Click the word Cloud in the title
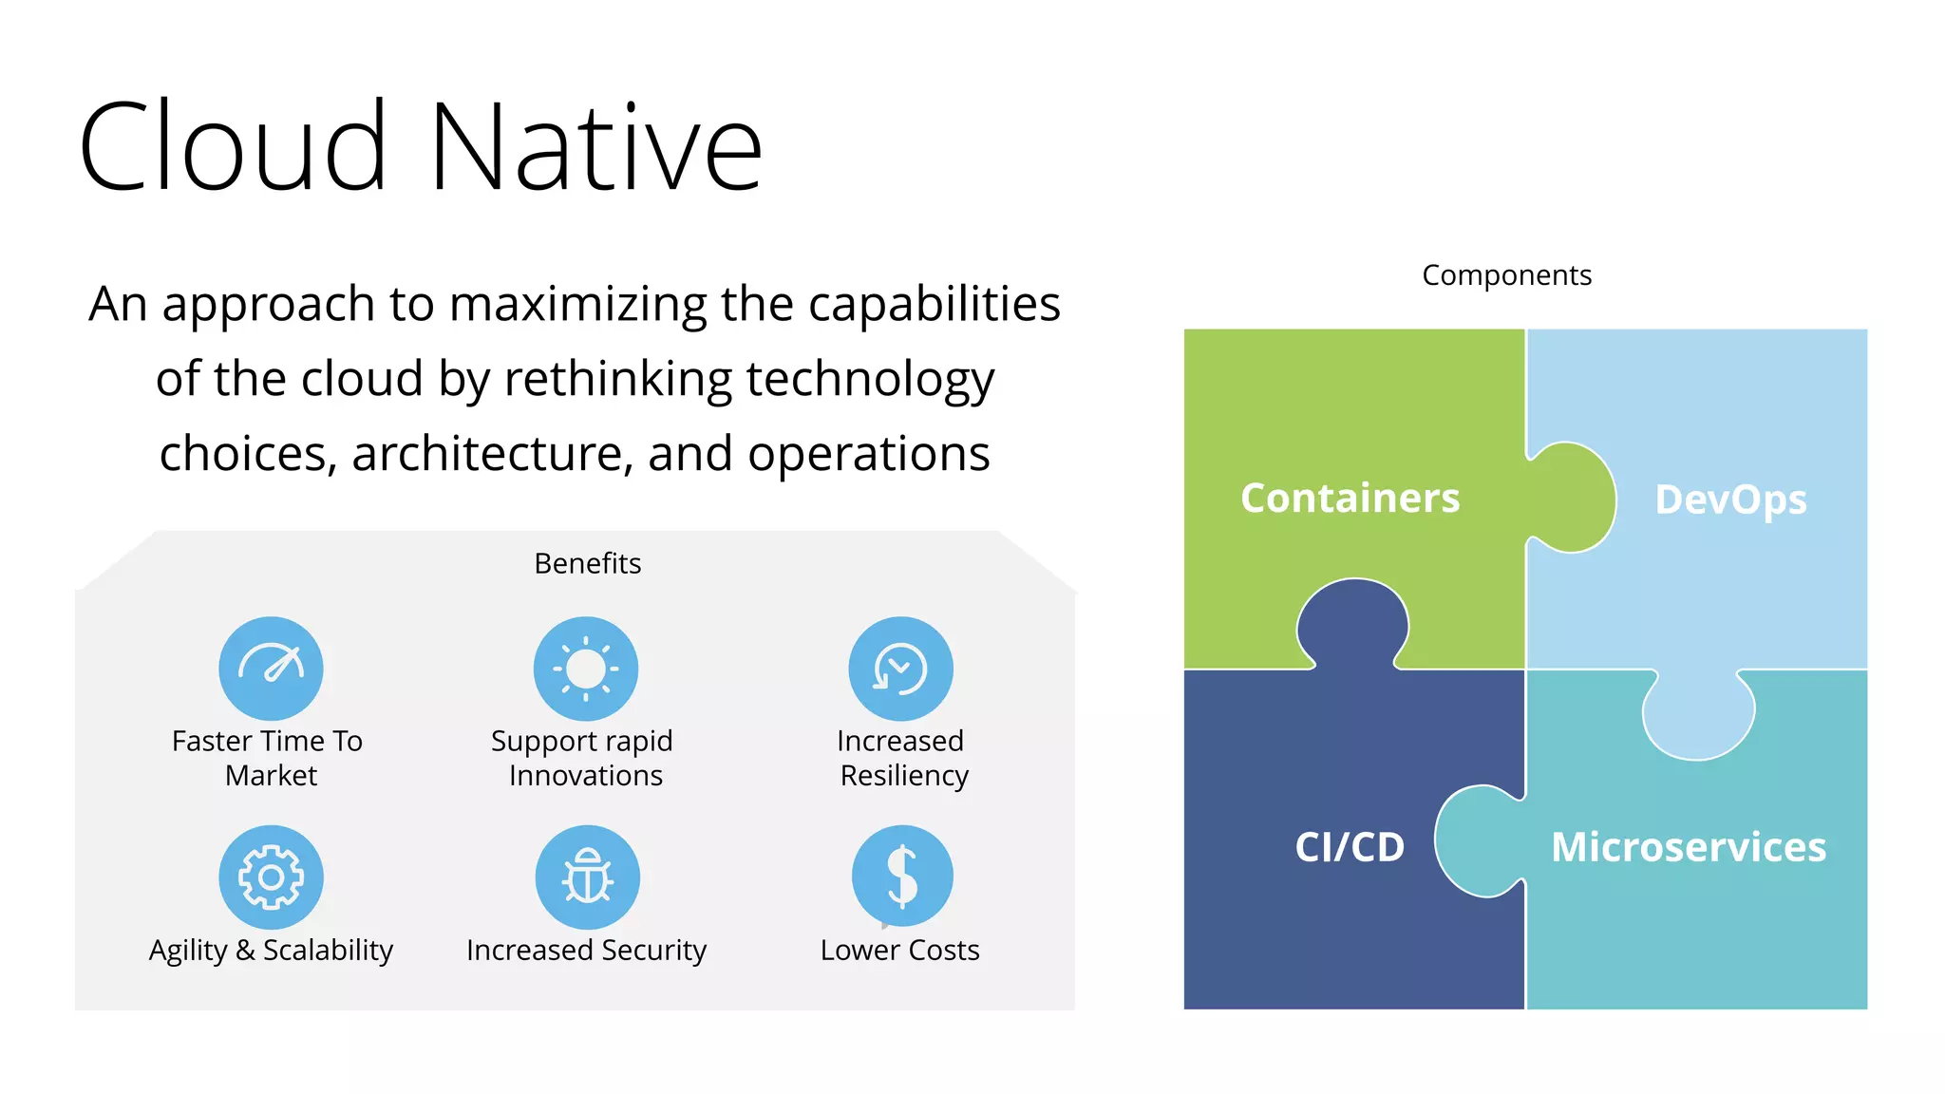[x=233, y=147]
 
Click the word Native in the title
[x=595, y=147]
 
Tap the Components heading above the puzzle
[x=1506, y=275]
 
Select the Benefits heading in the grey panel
[x=587, y=563]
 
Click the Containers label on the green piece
[x=1350, y=499]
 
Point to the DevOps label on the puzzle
[x=1730, y=500]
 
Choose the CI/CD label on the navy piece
[x=1350, y=846]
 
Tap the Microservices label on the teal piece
[x=1688, y=846]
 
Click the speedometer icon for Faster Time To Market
[x=271, y=669]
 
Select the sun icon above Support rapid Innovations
[x=586, y=669]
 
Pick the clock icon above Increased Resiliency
[x=900, y=669]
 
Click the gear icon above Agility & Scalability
[x=271, y=877]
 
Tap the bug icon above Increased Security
[x=587, y=877]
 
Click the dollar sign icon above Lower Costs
[x=902, y=876]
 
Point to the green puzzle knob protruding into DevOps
[x=1573, y=498]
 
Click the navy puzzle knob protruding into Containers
[x=1352, y=622]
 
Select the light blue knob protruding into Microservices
[x=1698, y=716]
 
